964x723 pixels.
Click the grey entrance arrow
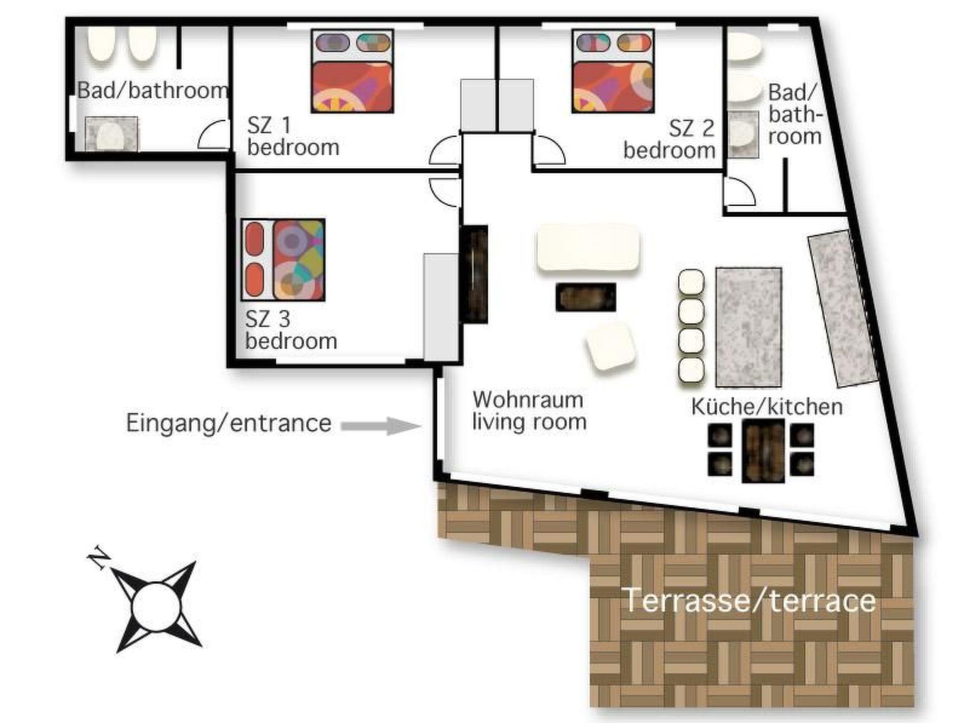click(x=380, y=426)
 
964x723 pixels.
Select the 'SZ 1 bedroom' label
click(x=293, y=137)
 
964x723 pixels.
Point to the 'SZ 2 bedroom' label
click(x=669, y=139)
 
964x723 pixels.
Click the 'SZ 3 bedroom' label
click(x=291, y=330)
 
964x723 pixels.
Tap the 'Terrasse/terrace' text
click(x=749, y=601)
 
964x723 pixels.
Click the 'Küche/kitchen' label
click(x=767, y=407)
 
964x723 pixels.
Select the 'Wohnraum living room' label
click(x=530, y=411)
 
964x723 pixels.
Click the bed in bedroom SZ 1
click(x=352, y=72)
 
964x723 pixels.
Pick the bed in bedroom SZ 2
click(x=613, y=72)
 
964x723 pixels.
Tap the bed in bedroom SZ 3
click(x=283, y=260)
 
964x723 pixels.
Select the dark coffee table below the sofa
click(x=586, y=297)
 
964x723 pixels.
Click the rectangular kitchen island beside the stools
click(x=749, y=327)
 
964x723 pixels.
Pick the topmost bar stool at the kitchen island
click(x=691, y=282)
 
